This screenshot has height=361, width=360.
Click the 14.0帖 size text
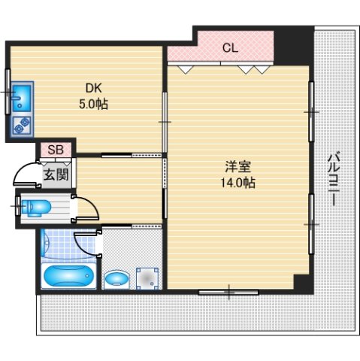[x=237, y=183]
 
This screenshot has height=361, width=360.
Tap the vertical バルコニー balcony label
[x=335, y=180]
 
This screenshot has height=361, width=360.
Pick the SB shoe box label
[x=56, y=150]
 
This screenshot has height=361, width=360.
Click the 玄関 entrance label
[x=54, y=175]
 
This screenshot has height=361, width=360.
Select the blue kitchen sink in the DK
[x=21, y=97]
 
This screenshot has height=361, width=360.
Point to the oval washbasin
[x=116, y=280]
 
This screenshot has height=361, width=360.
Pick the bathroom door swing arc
[x=84, y=244]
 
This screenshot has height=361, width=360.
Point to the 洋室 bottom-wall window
[x=228, y=290]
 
